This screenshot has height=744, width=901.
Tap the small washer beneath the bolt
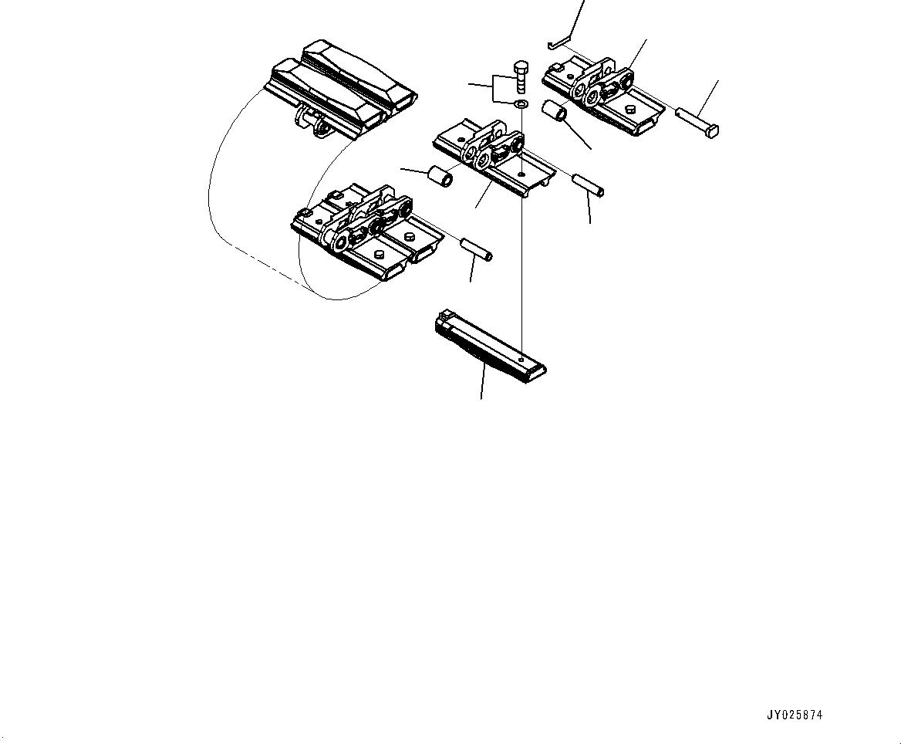click(x=521, y=103)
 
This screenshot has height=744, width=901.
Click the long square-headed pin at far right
click(x=698, y=123)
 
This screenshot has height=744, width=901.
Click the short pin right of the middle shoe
click(x=588, y=186)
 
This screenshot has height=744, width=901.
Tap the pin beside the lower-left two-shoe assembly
click(x=476, y=249)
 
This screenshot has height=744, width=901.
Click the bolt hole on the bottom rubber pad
click(x=522, y=360)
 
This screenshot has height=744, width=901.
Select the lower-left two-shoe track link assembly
click(x=366, y=232)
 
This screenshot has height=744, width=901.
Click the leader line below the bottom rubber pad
click(x=483, y=383)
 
